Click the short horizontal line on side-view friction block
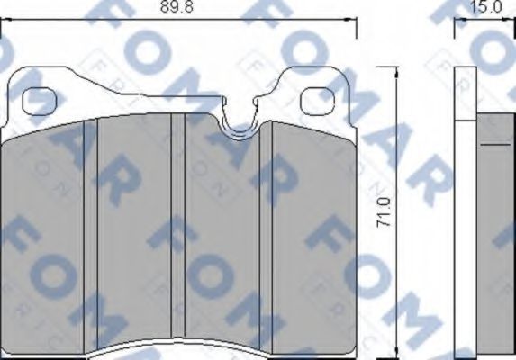coord(492,143)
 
